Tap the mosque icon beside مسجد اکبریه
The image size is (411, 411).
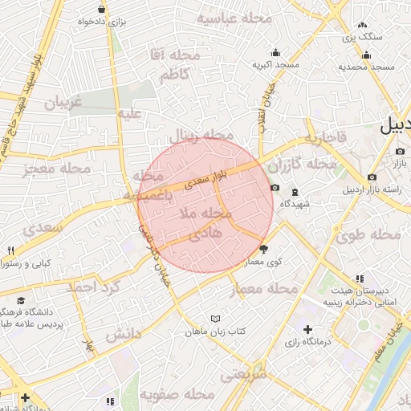[x=275, y=51]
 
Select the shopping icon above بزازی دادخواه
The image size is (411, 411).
[x=100, y=9]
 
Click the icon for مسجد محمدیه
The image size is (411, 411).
[x=367, y=55]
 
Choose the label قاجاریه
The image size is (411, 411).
[x=325, y=139]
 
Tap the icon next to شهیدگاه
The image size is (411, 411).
[x=295, y=192]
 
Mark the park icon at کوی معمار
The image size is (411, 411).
[x=263, y=250]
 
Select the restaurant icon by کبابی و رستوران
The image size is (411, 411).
[x=10, y=250]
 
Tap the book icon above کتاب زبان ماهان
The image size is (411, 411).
[x=214, y=319]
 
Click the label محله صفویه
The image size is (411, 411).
[x=177, y=395]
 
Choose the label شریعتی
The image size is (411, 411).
[x=243, y=374]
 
